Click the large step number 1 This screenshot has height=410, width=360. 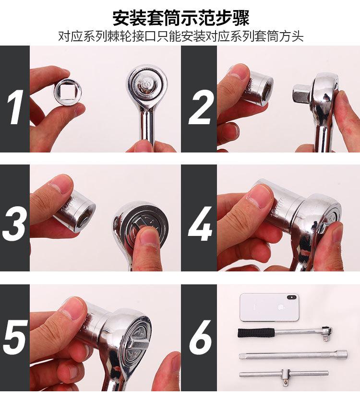click(x=15, y=107)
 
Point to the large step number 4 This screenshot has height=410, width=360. click(x=200, y=224)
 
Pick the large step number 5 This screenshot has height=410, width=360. click(x=15, y=337)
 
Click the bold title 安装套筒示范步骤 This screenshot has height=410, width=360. click(x=180, y=18)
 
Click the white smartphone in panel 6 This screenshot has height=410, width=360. click(x=269, y=307)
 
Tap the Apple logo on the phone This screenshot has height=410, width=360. click(x=280, y=307)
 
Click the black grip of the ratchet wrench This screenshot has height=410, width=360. click(x=256, y=333)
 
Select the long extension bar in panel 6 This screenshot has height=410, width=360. click(x=293, y=355)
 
